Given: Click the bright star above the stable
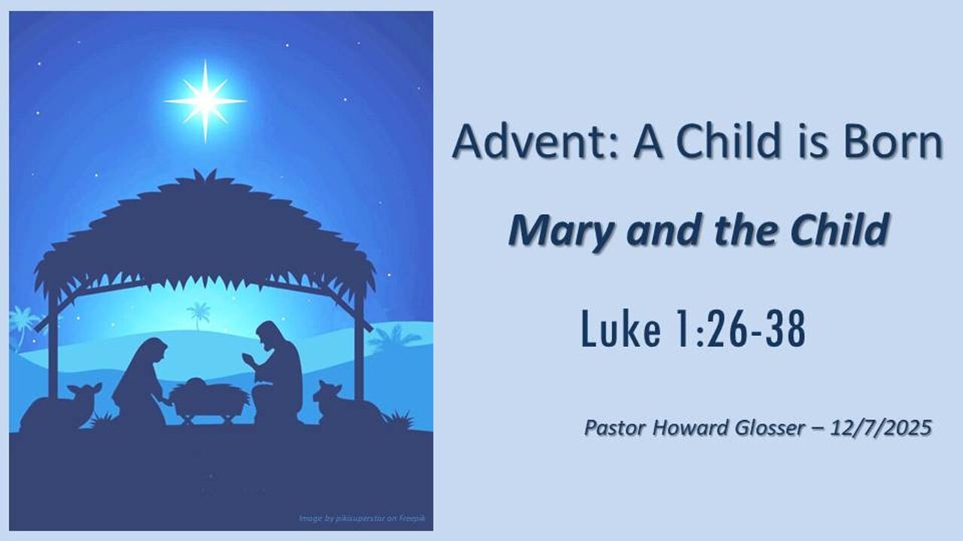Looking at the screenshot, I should (205, 101).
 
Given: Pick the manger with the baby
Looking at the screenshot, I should (208, 396).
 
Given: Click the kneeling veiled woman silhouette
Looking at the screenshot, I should (140, 383).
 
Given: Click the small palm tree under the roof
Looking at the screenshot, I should (199, 313).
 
